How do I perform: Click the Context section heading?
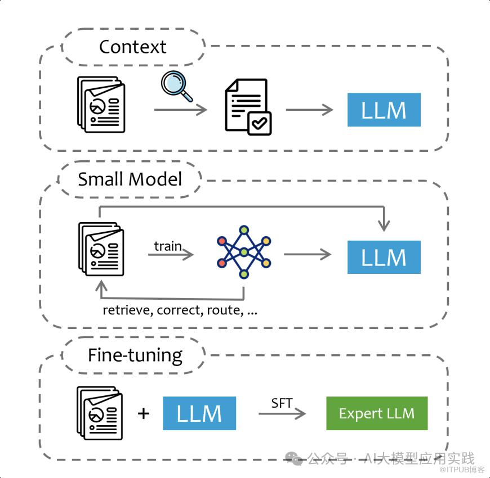click(x=132, y=47)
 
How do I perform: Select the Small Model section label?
click(x=130, y=179)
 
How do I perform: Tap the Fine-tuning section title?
click(x=135, y=355)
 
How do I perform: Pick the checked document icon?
click(x=248, y=107)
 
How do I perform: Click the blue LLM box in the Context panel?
click(x=384, y=110)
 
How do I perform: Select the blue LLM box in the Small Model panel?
click(x=384, y=257)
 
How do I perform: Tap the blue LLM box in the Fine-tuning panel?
click(x=199, y=413)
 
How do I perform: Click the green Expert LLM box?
click(x=377, y=413)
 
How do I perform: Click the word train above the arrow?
click(x=168, y=246)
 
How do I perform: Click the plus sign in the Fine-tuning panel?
click(x=144, y=414)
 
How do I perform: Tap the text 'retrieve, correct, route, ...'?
click(x=180, y=310)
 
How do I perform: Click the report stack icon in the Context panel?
click(x=101, y=105)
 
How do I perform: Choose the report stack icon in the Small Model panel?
click(x=101, y=249)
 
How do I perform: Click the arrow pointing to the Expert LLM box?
click(x=282, y=414)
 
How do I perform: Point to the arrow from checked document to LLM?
click(x=310, y=110)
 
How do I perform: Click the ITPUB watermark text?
click(x=462, y=470)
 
